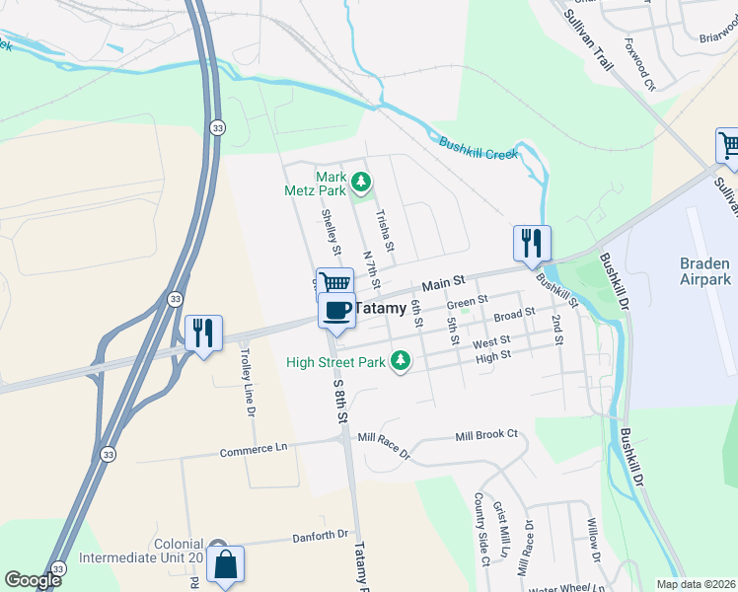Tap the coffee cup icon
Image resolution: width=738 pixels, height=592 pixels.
pyautogui.click(x=336, y=310)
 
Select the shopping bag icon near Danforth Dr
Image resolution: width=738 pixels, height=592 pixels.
pyautogui.click(x=225, y=565)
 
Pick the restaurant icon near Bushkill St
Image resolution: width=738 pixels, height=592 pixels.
pyautogui.click(x=532, y=243)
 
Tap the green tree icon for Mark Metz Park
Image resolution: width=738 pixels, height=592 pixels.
pyautogui.click(x=362, y=182)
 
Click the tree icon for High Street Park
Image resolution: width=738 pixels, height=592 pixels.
pyautogui.click(x=401, y=362)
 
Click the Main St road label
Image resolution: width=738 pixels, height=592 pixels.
pyautogui.click(x=445, y=284)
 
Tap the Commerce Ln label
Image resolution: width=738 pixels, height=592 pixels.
pyautogui.click(x=253, y=449)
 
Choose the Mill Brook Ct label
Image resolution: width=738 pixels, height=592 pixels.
pyautogui.click(x=485, y=435)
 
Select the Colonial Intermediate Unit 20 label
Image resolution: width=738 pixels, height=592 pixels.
pyautogui.click(x=179, y=551)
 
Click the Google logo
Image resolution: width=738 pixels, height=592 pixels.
pyautogui.click(x=33, y=580)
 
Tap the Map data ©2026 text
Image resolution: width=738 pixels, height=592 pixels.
pyautogui.click(x=696, y=584)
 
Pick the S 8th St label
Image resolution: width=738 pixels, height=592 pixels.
pyautogui.click(x=340, y=401)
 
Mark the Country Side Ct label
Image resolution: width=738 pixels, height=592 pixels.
pyautogui.click(x=480, y=530)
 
